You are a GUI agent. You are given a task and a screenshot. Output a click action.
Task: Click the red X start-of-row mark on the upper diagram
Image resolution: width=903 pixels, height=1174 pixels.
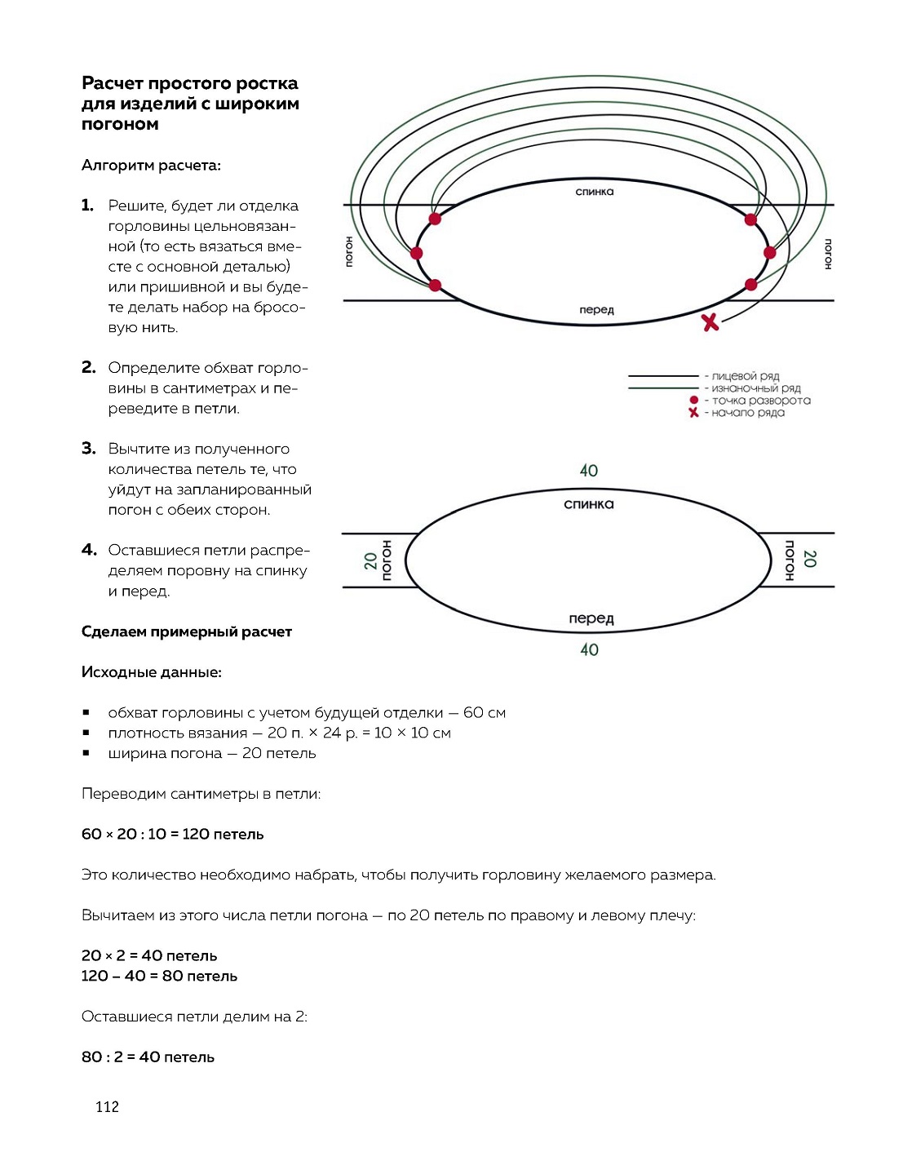click(x=710, y=322)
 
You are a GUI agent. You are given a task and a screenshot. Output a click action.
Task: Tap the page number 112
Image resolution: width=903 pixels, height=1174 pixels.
click(x=107, y=1106)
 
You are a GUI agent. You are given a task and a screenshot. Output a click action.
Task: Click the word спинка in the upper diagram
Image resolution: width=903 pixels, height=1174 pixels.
click(x=594, y=192)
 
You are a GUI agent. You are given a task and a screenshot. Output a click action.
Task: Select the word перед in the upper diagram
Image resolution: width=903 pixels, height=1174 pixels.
click(x=596, y=310)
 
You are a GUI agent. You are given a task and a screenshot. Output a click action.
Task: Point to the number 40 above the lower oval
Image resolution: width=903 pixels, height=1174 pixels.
click(x=588, y=471)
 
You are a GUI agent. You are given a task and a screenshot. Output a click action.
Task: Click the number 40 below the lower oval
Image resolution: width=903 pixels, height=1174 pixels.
click(x=589, y=649)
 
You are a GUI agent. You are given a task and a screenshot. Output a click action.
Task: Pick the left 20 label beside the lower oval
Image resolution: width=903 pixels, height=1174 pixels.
click(x=371, y=560)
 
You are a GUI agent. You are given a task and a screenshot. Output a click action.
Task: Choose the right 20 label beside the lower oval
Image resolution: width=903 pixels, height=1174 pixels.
click(x=809, y=559)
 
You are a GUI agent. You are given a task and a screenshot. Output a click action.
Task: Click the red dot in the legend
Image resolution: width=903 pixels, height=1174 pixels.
click(x=693, y=400)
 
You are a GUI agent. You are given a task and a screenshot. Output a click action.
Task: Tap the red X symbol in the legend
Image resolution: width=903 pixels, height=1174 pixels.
click(x=693, y=413)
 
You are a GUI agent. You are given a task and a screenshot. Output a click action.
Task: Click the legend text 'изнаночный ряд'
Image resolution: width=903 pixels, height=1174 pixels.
click(x=756, y=388)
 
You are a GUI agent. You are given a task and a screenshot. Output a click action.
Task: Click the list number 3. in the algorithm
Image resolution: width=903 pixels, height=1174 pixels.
click(x=89, y=448)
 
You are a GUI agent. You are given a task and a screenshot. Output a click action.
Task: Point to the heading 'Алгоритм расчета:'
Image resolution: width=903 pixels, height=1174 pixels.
click(x=151, y=166)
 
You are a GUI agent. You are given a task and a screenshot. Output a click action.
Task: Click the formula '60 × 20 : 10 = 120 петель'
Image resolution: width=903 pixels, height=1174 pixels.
click(x=172, y=834)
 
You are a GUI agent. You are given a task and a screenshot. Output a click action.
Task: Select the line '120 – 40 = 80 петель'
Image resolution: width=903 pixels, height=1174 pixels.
click(x=159, y=976)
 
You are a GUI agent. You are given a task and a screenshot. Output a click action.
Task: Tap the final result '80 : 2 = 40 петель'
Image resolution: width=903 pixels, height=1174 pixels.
click(x=148, y=1057)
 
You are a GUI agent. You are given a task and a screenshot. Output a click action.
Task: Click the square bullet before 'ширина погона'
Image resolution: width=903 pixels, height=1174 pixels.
click(x=86, y=753)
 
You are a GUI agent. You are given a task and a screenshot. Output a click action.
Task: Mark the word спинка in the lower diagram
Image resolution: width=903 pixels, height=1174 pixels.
click(x=588, y=504)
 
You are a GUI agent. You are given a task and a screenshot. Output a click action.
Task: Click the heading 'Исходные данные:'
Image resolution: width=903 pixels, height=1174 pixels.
click(x=151, y=672)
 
